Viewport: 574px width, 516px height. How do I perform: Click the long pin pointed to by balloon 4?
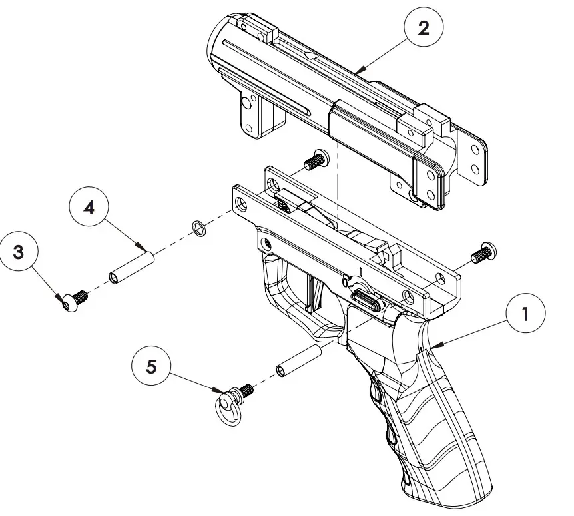pyautogui.click(x=132, y=266)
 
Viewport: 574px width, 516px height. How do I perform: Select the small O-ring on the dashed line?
pyautogui.click(x=197, y=228)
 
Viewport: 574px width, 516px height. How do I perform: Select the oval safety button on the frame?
pyautogui.click(x=366, y=300)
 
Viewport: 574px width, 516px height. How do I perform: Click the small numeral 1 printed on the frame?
pyautogui.click(x=360, y=271)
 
